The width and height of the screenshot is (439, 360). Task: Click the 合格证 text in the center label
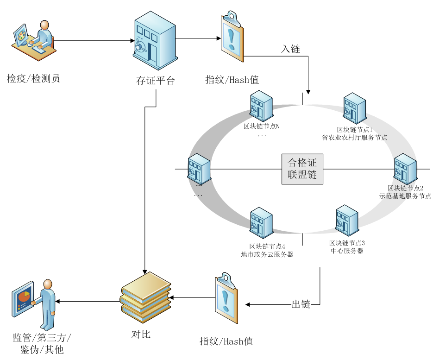click(x=302, y=163)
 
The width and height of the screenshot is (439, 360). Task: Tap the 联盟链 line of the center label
click(x=302, y=175)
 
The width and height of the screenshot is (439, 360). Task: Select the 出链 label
click(x=301, y=304)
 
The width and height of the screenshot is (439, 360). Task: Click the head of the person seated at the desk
click(x=44, y=25)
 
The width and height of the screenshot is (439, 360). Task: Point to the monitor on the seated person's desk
click(x=21, y=35)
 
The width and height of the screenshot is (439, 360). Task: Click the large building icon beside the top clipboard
click(x=155, y=40)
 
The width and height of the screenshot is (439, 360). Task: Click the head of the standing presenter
click(x=47, y=284)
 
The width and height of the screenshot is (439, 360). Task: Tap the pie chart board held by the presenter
click(x=23, y=299)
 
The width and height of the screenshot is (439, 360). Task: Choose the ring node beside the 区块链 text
click(x=405, y=169)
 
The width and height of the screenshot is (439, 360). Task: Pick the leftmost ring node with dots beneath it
click(x=199, y=169)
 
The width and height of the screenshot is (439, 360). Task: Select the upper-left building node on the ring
click(x=261, y=106)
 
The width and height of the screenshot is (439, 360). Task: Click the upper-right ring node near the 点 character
click(x=354, y=108)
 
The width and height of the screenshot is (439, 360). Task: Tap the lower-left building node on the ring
click(x=261, y=222)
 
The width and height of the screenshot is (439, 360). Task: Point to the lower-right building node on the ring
click(x=347, y=220)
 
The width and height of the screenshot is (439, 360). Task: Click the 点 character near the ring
click(x=383, y=138)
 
